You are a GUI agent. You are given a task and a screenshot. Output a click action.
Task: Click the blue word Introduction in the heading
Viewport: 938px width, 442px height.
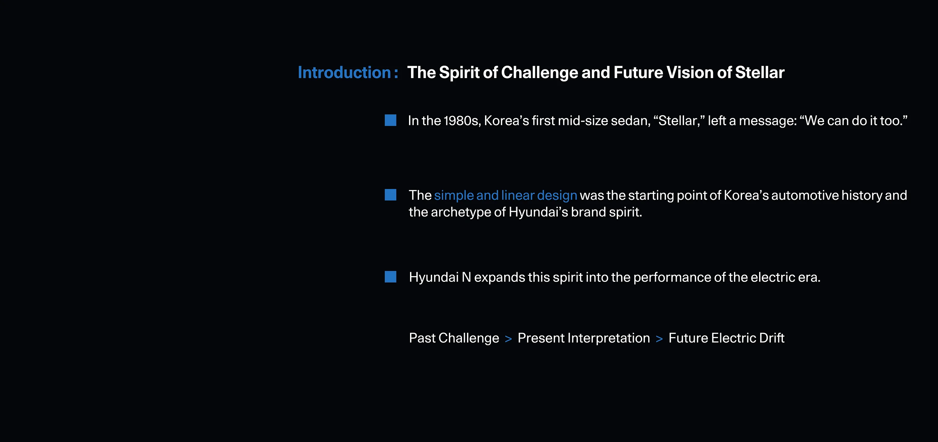(344, 72)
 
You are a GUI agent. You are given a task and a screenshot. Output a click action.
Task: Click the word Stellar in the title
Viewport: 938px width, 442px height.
(759, 72)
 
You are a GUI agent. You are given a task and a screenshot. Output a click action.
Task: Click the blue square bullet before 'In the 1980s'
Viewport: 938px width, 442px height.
(390, 120)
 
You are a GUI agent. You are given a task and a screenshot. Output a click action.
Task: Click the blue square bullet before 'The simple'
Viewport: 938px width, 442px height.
(390, 195)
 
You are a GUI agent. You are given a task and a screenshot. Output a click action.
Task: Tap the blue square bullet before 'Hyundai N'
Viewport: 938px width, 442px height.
(390, 276)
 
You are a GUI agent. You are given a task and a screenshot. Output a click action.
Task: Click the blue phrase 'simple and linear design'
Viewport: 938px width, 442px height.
(506, 196)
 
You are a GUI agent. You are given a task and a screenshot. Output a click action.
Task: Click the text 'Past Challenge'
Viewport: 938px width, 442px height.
(454, 338)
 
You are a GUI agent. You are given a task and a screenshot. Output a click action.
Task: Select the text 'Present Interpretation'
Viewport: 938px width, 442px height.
(584, 338)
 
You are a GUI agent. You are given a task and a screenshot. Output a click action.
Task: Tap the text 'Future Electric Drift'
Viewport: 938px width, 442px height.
(726, 338)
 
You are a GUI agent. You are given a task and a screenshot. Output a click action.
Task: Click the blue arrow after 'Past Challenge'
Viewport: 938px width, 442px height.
(508, 339)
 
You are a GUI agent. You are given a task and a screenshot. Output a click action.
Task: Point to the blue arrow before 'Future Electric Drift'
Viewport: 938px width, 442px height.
(659, 339)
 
